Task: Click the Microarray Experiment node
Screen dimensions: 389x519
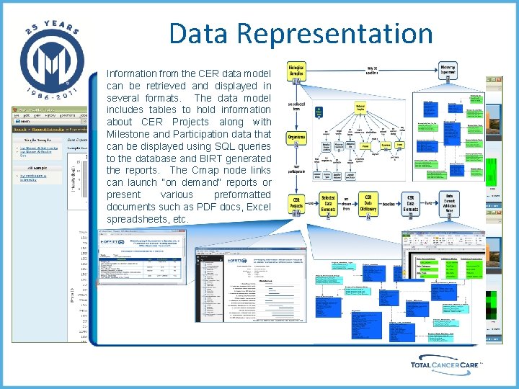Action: coord(450,70)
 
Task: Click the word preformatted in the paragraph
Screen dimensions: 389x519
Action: coord(243,194)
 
